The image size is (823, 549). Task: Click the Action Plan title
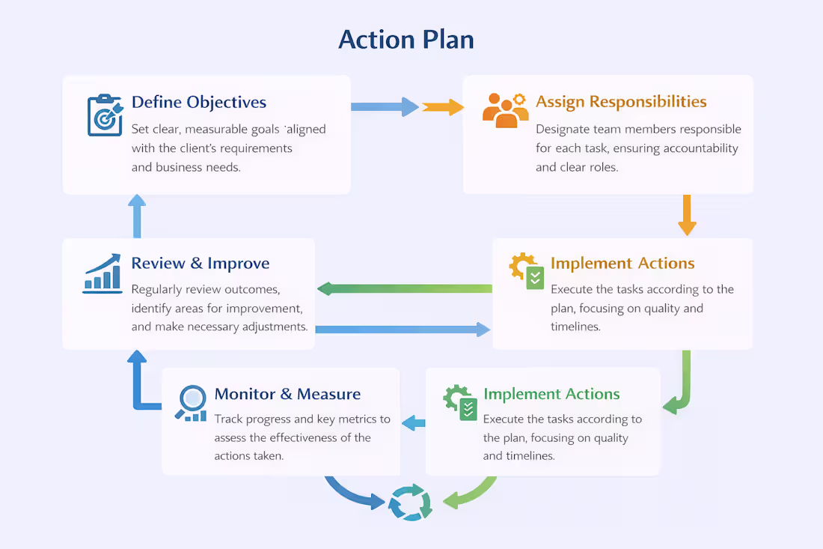point(406,39)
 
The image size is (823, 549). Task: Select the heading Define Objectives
point(198,102)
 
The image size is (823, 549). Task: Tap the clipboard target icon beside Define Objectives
point(105,115)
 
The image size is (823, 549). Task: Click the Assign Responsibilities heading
point(621,102)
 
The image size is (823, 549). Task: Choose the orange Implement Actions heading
point(622,264)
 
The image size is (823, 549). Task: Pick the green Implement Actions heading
point(551,394)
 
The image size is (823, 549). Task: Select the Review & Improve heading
point(200,264)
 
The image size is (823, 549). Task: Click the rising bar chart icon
point(103,273)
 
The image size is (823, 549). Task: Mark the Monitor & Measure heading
point(287,394)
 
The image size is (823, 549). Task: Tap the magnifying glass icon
point(192,402)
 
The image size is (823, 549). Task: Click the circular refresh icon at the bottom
point(410,503)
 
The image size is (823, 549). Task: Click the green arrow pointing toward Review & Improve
point(404,288)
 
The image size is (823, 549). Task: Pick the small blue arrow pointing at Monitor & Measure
point(413,423)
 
